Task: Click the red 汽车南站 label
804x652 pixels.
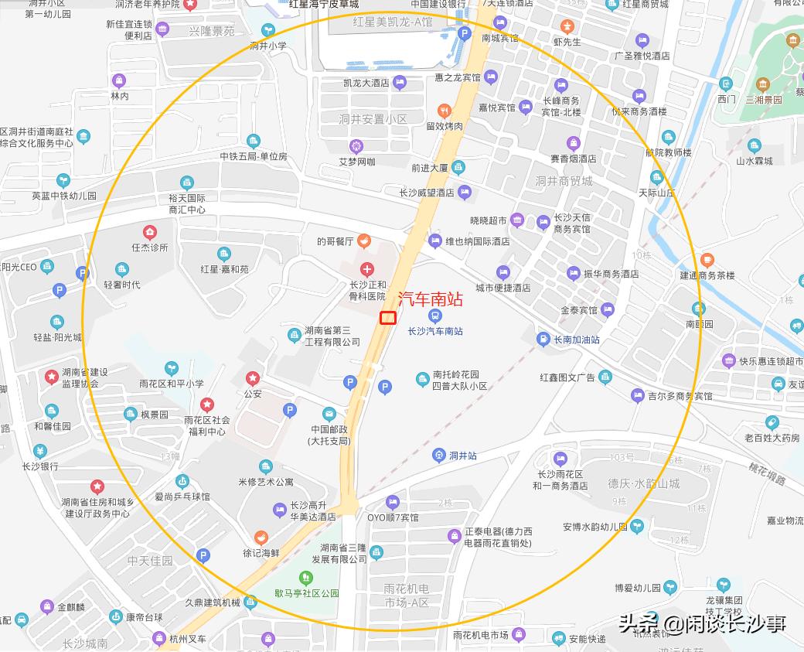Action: click(x=431, y=299)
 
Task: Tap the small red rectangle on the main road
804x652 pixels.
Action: click(x=387, y=317)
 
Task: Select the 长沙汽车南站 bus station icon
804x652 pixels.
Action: click(x=435, y=316)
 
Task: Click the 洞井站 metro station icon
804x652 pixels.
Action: click(x=439, y=456)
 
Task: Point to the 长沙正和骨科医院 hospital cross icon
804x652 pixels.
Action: click(x=367, y=269)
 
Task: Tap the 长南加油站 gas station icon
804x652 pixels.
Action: click(x=543, y=339)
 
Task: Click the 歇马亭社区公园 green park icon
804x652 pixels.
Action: click(x=306, y=578)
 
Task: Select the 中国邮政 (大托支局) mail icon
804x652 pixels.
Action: click(x=329, y=414)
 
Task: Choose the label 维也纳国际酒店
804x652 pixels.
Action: click(x=478, y=241)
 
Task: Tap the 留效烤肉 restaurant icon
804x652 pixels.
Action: click(x=444, y=111)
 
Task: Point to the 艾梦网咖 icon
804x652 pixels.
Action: click(x=356, y=145)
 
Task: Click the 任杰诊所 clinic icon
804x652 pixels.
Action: click(x=149, y=231)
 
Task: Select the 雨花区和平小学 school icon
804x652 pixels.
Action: click(x=171, y=367)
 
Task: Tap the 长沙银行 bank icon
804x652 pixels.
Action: click(x=40, y=451)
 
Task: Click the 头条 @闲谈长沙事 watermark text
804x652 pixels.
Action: click(x=702, y=623)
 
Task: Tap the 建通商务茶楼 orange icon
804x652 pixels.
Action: click(x=707, y=260)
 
